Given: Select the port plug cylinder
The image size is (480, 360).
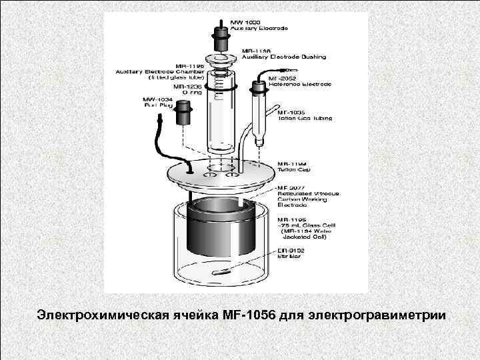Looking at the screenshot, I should click(x=183, y=115).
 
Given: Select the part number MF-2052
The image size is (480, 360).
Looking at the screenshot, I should click(x=282, y=78).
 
